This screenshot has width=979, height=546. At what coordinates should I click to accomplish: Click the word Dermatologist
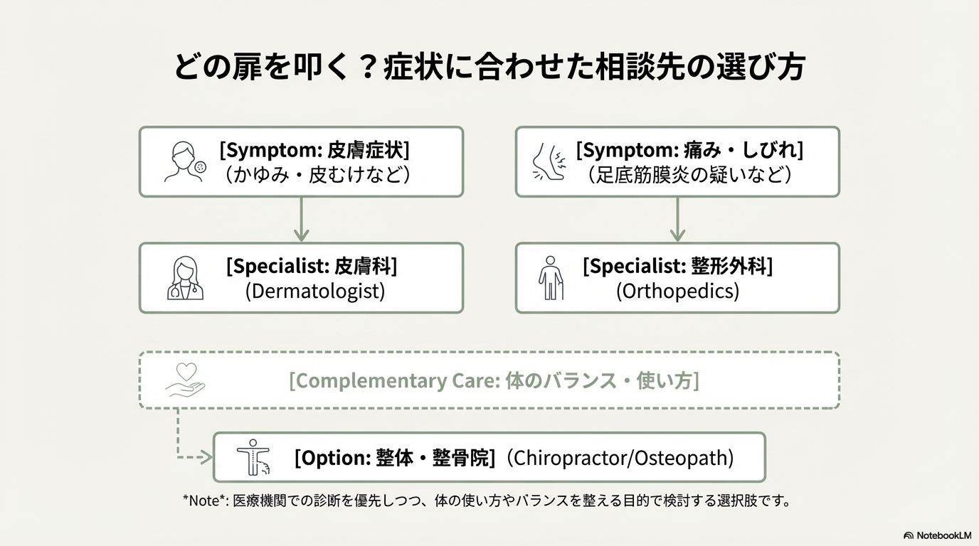click(315, 291)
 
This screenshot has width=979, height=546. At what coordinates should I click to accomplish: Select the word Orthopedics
click(677, 291)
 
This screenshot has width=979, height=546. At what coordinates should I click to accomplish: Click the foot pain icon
click(549, 161)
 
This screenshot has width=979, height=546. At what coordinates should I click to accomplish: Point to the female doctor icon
click(185, 278)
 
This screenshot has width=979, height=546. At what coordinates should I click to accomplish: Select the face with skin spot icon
click(185, 161)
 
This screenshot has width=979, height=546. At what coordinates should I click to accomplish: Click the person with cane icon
click(551, 278)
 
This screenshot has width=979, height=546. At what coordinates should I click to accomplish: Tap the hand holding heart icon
click(185, 380)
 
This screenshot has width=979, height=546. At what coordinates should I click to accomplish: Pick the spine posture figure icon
click(253, 457)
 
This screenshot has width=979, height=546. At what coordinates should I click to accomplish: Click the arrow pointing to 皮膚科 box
click(301, 219)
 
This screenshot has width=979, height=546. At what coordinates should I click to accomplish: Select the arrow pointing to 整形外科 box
click(677, 219)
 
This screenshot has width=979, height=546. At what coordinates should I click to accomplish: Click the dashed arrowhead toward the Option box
click(205, 457)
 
